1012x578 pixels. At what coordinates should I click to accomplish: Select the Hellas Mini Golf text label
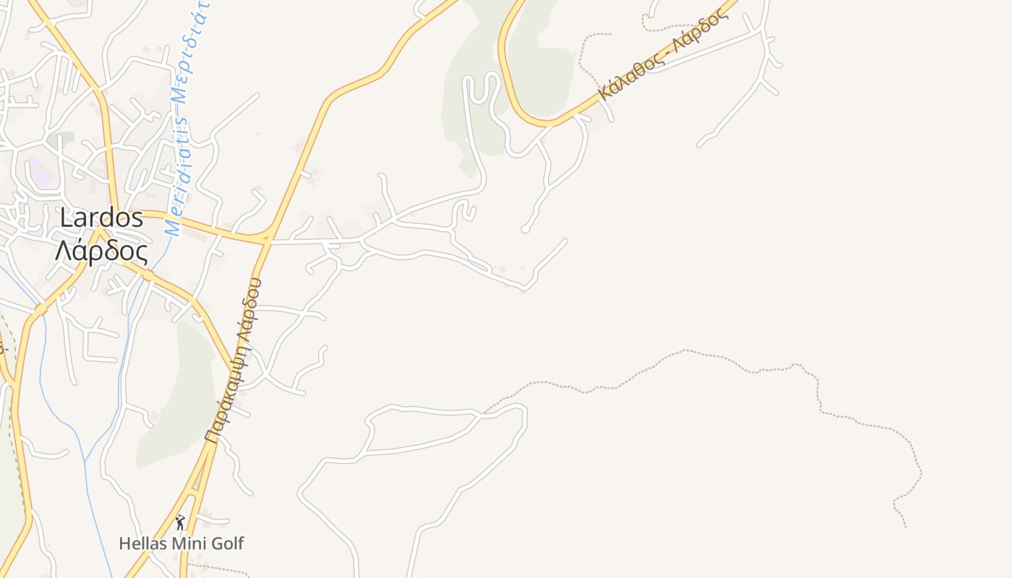(x=181, y=543)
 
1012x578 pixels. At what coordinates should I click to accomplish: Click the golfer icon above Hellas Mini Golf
(x=180, y=522)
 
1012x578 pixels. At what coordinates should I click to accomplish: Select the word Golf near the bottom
(x=227, y=543)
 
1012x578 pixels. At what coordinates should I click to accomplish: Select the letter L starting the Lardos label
(x=67, y=217)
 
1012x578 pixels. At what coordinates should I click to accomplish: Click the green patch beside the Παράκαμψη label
(x=181, y=405)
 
